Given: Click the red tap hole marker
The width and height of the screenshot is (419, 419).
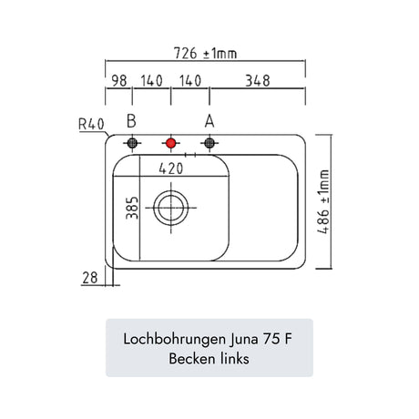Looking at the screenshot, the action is (171, 143).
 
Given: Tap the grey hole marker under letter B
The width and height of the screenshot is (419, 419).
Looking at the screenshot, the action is (132, 143).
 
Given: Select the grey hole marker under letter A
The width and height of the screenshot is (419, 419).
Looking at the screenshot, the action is (209, 143).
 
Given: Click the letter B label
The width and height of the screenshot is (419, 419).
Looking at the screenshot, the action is (131, 121).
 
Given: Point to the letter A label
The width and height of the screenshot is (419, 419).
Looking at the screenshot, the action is (209, 121).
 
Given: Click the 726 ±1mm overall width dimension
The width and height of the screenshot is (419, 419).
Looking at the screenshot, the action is (205, 54).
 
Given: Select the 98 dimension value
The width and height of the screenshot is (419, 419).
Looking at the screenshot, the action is (119, 81).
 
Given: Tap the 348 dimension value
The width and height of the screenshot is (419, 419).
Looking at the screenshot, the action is (258, 81).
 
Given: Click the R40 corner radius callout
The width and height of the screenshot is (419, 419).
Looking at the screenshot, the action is (91, 124).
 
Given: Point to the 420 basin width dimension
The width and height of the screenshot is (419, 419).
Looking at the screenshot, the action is (171, 169).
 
